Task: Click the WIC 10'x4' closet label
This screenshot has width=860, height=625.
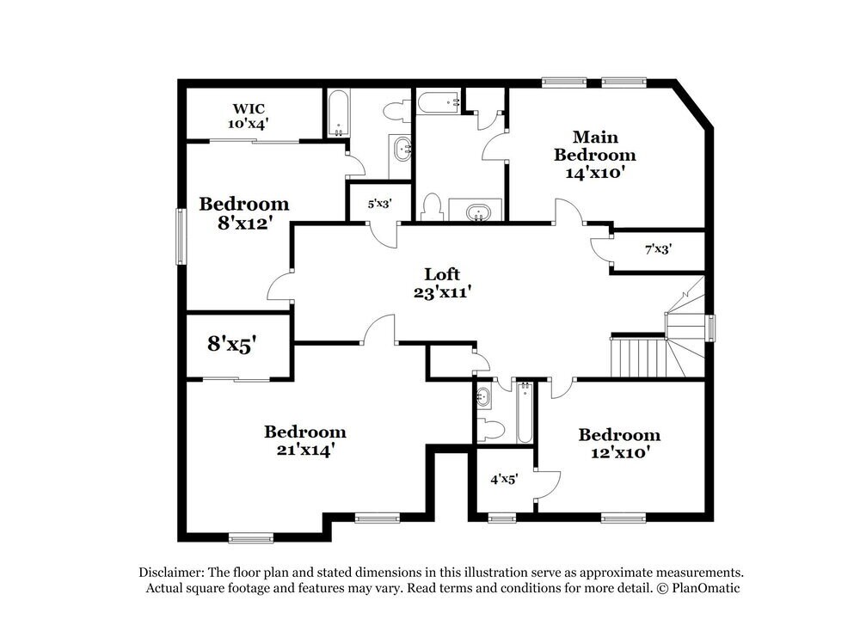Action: [248, 116]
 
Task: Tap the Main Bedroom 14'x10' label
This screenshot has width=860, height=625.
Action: [594, 155]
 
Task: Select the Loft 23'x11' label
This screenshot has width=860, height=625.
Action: [442, 283]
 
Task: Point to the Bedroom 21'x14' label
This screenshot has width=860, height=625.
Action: [304, 440]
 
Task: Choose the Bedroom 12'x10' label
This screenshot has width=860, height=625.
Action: [618, 444]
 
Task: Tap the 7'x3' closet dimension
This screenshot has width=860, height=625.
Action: [658, 249]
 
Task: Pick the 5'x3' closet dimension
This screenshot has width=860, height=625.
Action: [379, 205]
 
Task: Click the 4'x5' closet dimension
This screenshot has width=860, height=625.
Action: [503, 480]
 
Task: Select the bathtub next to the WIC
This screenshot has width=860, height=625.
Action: [337, 113]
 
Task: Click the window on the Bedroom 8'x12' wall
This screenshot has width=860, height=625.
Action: [181, 236]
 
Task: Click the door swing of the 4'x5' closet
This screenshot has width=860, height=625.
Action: [548, 485]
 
